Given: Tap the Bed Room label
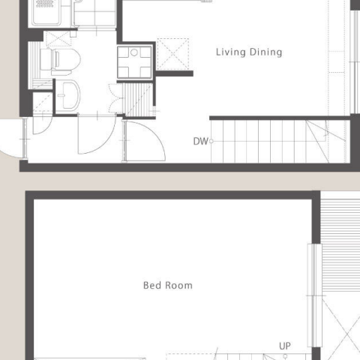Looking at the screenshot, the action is pyautogui.click(x=168, y=285).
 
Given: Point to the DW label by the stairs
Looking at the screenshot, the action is pyautogui.click(x=200, y=142).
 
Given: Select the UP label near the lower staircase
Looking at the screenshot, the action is pyautogui.click(x=285, y=346).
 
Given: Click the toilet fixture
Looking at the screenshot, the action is pyautogui.click(x=61, y=61).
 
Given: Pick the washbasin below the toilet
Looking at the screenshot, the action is pyautogui.click(x=67, y=95).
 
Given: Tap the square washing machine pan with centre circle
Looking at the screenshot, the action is pyautogui.click(x=134, y=62).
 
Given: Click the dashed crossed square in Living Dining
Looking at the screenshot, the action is pyautogui.click(x=173, y=54).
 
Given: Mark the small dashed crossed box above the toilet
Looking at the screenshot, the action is pyautogui.click(x=58, y=39).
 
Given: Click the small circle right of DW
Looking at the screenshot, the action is pyautogui.click(x=211, y=141).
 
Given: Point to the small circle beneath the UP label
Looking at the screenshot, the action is pyautogui.click(x=285, y=356).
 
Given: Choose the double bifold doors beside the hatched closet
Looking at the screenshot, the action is pyautogui.click(x=115, y=99).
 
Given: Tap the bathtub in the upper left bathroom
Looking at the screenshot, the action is pyautogui.click(x=46, y=12).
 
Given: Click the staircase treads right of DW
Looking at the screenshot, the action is pyautogui.click(x=279, y=142).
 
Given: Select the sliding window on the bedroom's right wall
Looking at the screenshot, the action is pyautogui.click(x=314, y=295).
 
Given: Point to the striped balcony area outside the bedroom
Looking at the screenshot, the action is pyautogui.click(x=340, y=244).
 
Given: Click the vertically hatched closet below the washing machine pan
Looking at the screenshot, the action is pyautogui.click(x=139, y=100).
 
